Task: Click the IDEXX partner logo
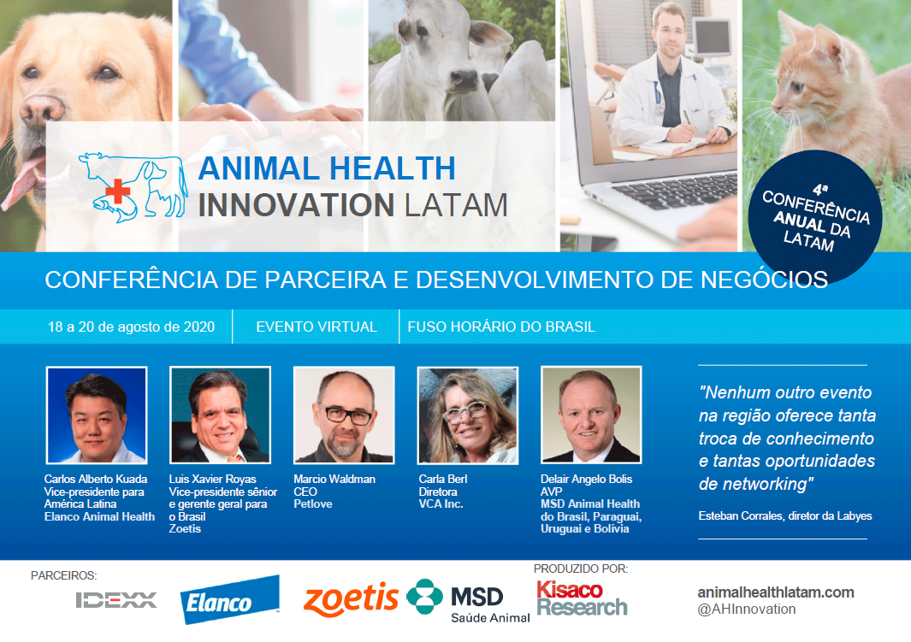click(x=116, y=600)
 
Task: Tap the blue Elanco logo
click(x=230, y=600)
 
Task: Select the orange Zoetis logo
click(x=351, y=599)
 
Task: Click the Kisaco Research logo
click(x=582, y=598)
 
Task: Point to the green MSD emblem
click(x=425, y=597)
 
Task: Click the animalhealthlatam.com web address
click(x=776, y=592)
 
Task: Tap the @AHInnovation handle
click(x=747, y=610)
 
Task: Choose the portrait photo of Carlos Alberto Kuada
click(x=97, y=415)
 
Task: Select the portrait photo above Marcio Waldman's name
click(x=344, y=415)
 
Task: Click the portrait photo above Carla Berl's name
click(x=468, y=415)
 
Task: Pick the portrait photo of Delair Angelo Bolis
click(x=591, y=415)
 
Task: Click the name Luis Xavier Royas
click(x=213, y=479)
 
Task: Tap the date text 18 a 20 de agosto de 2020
click(x=132, y=327)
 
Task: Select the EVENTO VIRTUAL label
click(x=316, y=327)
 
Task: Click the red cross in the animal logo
click(x=117, y=191)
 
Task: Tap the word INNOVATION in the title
click(x=296, y=205)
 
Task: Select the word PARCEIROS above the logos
click(x=64, y=576)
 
